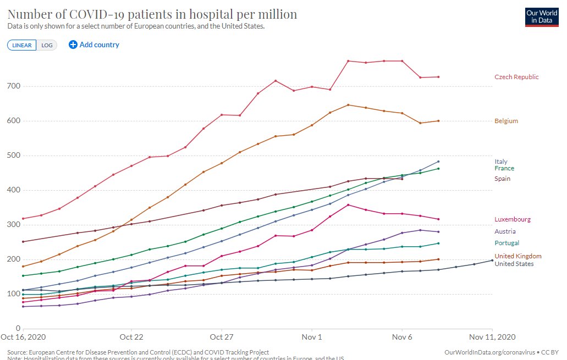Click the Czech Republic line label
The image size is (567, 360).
point(516,77)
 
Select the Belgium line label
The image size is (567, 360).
point(506,121)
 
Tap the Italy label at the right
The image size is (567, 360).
point(500,162)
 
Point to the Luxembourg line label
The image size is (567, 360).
point(512,219)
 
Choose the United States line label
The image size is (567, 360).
point(514,264)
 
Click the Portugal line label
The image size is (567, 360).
point(507,243)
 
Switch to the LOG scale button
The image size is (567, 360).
point(47,45)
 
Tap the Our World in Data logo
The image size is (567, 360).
point(542,16)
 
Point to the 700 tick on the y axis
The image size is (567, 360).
point(13,86)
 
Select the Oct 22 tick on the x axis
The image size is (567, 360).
point(131,336)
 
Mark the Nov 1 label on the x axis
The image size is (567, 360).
point(312,336)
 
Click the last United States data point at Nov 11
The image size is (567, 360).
point(492,261)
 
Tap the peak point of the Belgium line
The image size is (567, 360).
point(348,105)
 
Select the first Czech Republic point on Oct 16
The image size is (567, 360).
point(23,219)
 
